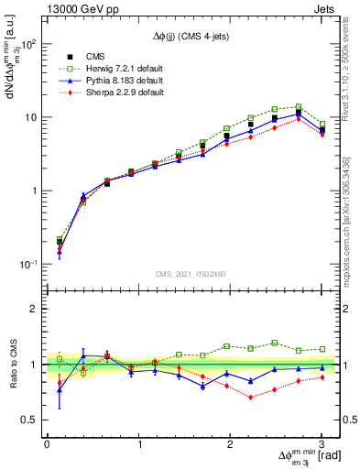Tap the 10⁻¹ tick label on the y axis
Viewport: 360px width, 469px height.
coord(27,265)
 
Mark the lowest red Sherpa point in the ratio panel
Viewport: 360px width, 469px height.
coord(250,398)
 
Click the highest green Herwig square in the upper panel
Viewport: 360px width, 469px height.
coord(299,107)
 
